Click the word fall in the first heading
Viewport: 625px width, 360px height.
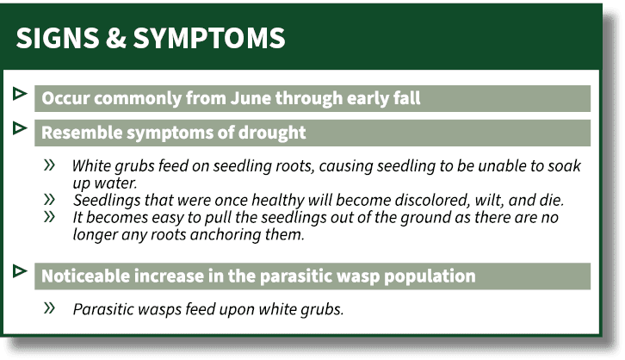click(x=405, y=98)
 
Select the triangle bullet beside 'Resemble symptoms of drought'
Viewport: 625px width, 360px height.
click(x=20, y=127)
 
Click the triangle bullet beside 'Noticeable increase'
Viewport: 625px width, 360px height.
click(x=20, y=270)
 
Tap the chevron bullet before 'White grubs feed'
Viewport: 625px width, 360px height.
click(x=51, y=164)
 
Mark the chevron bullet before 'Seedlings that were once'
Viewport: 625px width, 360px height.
click(x=51, y=199)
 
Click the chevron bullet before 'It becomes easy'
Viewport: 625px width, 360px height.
click(x=51, y=216)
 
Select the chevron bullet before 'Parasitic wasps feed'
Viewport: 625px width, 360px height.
click(x=51, y=307)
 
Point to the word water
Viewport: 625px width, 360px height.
click(x=116, y=183)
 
